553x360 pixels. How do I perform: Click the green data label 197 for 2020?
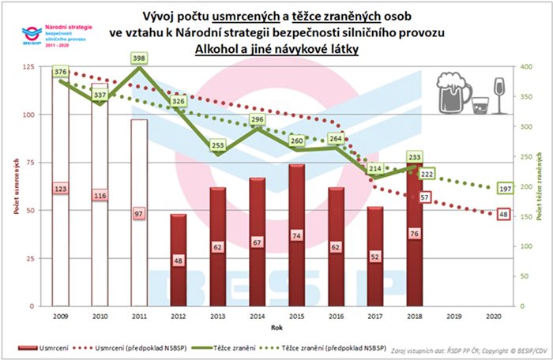[506, 188]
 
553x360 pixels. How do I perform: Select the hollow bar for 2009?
[61, 189]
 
